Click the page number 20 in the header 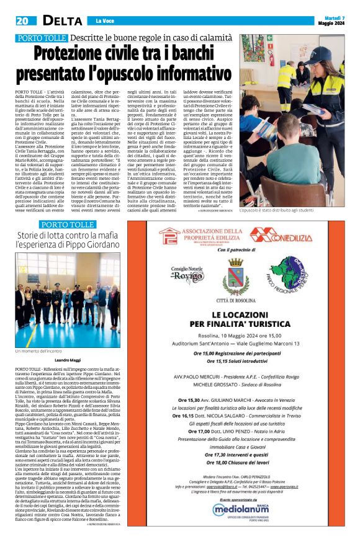pyautogui.click(x=22, y=20)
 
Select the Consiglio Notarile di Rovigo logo pyautogui.click(x=189, y=271)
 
